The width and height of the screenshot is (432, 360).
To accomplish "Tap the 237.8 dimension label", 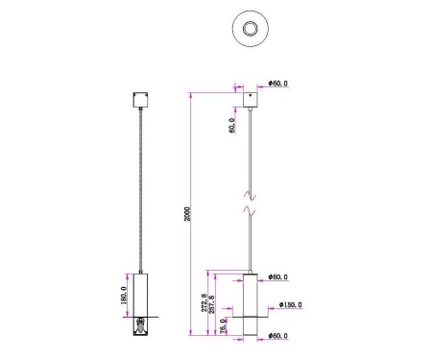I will pos(212,304).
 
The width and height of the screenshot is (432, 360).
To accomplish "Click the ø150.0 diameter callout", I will pos(290,306).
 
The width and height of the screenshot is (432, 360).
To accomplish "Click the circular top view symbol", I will pos(251,29).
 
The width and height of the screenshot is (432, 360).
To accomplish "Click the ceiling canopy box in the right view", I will pos(251,99).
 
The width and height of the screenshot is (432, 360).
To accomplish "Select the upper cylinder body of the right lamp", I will pos(250,292).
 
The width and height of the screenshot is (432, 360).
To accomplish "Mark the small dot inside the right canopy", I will pos(251,96).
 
